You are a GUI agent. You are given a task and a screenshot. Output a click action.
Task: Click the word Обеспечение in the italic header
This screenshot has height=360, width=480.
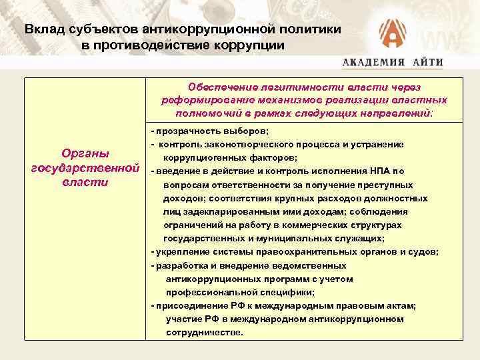coord(221,87)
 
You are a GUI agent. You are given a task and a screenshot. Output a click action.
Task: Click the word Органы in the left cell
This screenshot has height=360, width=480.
coord(85,153)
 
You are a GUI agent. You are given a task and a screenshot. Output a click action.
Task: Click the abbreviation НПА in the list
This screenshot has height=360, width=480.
coord(378,171)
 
